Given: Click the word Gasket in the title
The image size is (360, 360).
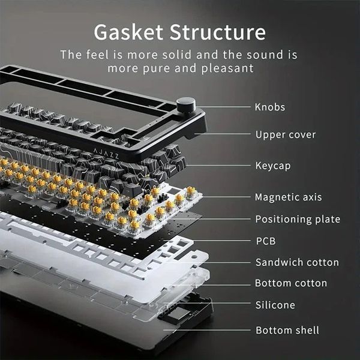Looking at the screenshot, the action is [128, 32].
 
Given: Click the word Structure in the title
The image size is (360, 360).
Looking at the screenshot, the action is [218, 32].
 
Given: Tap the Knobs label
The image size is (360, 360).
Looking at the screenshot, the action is [270, 107].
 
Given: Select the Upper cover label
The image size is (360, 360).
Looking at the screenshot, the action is [286, 135].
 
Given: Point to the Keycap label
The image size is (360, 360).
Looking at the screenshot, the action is [273, 166].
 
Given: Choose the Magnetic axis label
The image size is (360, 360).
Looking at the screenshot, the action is [289, 197].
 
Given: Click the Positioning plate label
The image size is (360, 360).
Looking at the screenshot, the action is [298, 219].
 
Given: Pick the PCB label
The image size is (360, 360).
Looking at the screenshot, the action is [266, 241].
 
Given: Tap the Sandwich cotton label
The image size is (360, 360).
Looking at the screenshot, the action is [298, 262].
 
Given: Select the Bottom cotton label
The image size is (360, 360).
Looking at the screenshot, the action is [291, 283].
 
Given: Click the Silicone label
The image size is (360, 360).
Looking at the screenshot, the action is [275, 305].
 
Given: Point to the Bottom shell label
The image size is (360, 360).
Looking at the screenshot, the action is [287, 331].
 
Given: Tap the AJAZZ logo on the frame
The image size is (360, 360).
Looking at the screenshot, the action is [106, 154].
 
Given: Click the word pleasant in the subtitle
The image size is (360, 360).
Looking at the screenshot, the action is [227, 68].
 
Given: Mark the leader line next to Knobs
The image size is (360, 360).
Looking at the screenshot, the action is [223, 107].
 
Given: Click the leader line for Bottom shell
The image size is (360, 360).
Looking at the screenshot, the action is [206, 330].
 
